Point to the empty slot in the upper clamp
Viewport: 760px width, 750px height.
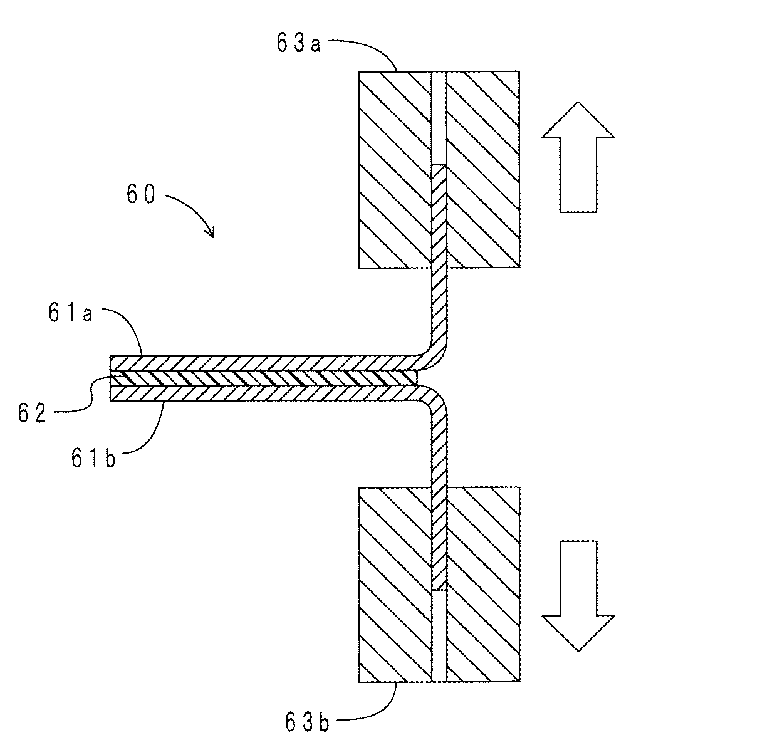[x=439, y=118]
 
